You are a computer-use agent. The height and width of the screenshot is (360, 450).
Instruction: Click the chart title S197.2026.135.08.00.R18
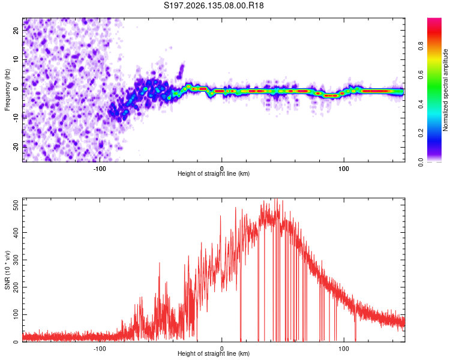(214, 5)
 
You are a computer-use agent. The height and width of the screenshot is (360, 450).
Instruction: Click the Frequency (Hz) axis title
(7, 90)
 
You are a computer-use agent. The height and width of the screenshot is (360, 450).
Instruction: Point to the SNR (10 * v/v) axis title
(7, 270)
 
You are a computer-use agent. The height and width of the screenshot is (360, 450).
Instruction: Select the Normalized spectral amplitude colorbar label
(445, 90)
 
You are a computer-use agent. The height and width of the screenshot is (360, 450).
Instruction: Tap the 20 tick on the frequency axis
(16, 30)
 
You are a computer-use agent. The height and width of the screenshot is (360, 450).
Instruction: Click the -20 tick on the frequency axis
(16, 147)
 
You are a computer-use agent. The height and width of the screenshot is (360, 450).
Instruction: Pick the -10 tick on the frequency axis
(16, 118)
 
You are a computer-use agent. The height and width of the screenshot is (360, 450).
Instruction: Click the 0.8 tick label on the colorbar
(421, 46)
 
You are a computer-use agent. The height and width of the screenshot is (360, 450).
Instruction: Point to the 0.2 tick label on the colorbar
(421, 133)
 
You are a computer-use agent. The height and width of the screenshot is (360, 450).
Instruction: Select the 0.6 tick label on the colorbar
(421, 75)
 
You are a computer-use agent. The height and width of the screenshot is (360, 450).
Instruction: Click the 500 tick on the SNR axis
(16, 205)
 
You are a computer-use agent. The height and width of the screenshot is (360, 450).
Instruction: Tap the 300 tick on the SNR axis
(16, 260)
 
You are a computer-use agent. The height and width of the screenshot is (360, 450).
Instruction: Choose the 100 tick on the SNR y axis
(16, 314)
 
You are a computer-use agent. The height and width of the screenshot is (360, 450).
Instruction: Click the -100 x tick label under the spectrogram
(100, 169)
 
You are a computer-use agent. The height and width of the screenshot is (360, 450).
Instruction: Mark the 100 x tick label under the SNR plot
(344, 349)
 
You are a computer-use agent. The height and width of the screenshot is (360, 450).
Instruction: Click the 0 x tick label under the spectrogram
(221, 169)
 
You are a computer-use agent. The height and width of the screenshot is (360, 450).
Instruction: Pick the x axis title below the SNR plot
(214, 353)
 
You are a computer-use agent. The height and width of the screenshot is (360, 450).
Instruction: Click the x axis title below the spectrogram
(214, 173)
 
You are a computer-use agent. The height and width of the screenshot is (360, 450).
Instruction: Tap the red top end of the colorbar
(434, 19)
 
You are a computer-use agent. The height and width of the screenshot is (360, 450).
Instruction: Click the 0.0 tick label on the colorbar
(421, 162)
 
